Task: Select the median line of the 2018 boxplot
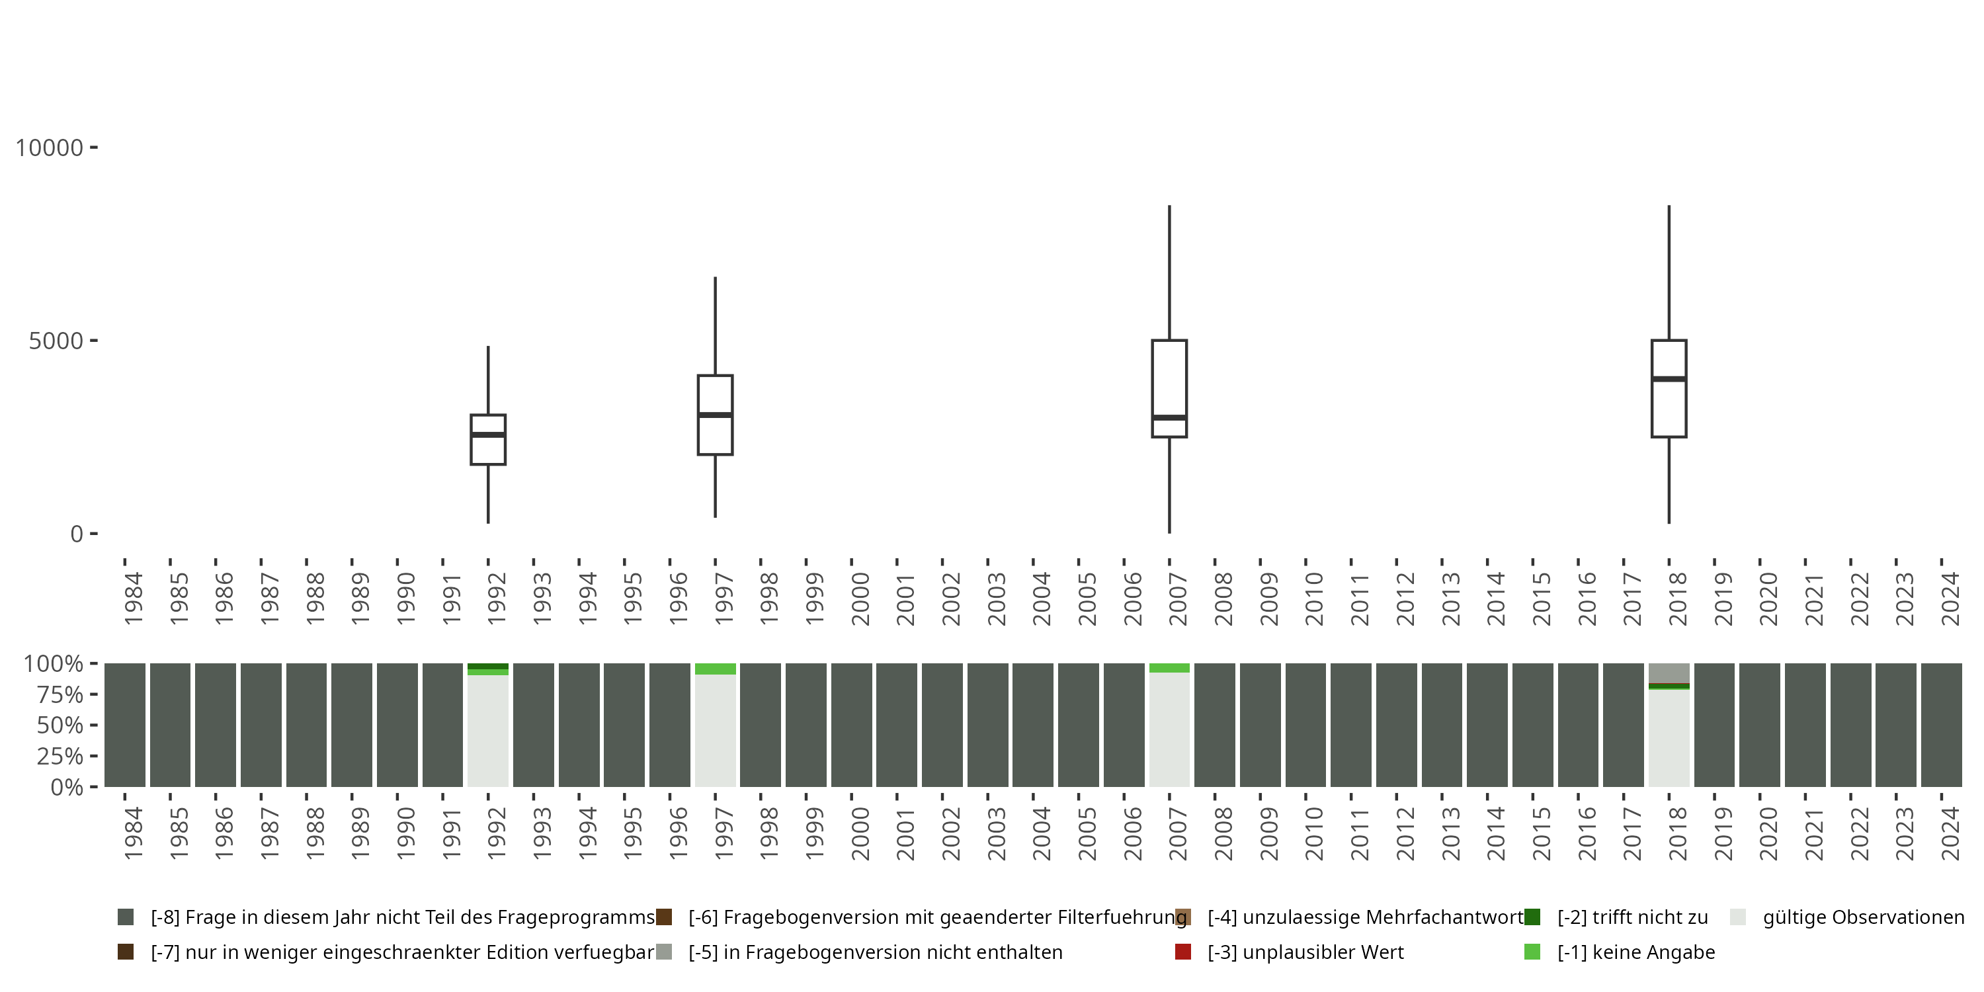point(1669,379)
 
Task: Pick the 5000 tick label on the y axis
point(56,341)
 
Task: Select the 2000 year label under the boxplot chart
point(860,599)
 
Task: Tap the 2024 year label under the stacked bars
point(1950,833)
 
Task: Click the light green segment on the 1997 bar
point(715,669)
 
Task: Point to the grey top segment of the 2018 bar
point(1669,673)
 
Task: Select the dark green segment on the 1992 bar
point(487,666)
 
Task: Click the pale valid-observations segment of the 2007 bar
point(1169,729)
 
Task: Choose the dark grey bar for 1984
point(125,725)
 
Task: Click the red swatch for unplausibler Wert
point(1183,952)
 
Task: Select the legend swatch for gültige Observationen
point(1737,917)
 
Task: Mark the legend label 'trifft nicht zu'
point(1632,917)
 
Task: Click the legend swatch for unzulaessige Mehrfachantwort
point(1183,917)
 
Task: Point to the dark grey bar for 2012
point(1396,725)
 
